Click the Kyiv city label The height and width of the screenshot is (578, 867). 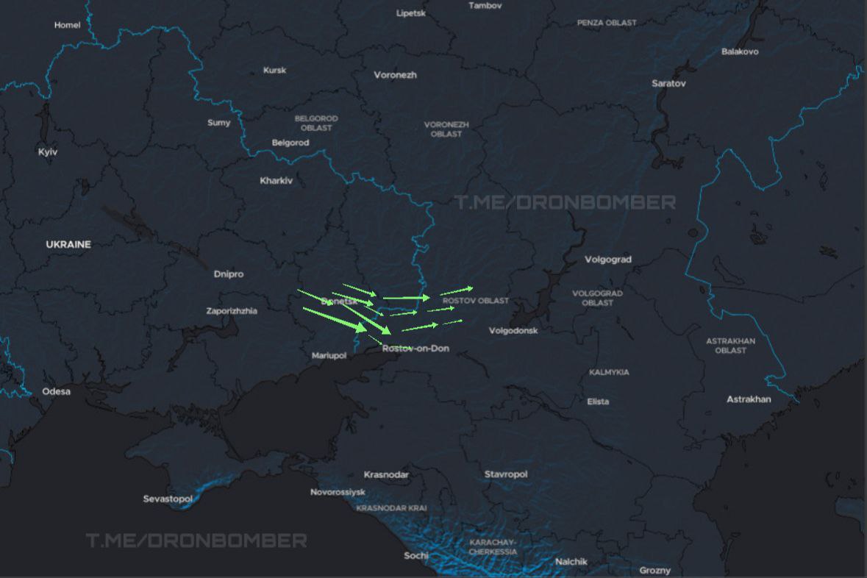(48, 152)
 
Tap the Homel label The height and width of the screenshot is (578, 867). (67, 25)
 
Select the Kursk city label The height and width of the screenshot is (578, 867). (274, 71)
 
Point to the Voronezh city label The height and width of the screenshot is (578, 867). (395, 75)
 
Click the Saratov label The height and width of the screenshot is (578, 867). (668, 84)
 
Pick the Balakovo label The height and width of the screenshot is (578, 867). (740, 51)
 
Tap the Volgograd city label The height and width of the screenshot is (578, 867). (607, 260)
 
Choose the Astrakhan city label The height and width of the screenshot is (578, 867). (749, 399)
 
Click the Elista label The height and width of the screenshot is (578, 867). (598, 402)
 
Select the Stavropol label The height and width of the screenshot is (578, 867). (506, 474)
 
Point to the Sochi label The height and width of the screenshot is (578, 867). (416, 555)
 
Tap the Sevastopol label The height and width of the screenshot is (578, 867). (168, 499)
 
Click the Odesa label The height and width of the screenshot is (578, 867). (57, 391)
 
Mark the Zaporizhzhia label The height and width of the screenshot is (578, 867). (232, 311)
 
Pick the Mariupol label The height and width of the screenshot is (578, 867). (329, 356)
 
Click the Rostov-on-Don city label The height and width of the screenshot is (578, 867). (415, 349)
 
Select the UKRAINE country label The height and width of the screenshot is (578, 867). (68, 244)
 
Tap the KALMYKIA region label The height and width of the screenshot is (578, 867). (609, 373)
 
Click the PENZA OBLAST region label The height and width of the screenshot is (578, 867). (607, 23)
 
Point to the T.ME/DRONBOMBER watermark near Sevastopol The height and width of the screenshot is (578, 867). (196, 541)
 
